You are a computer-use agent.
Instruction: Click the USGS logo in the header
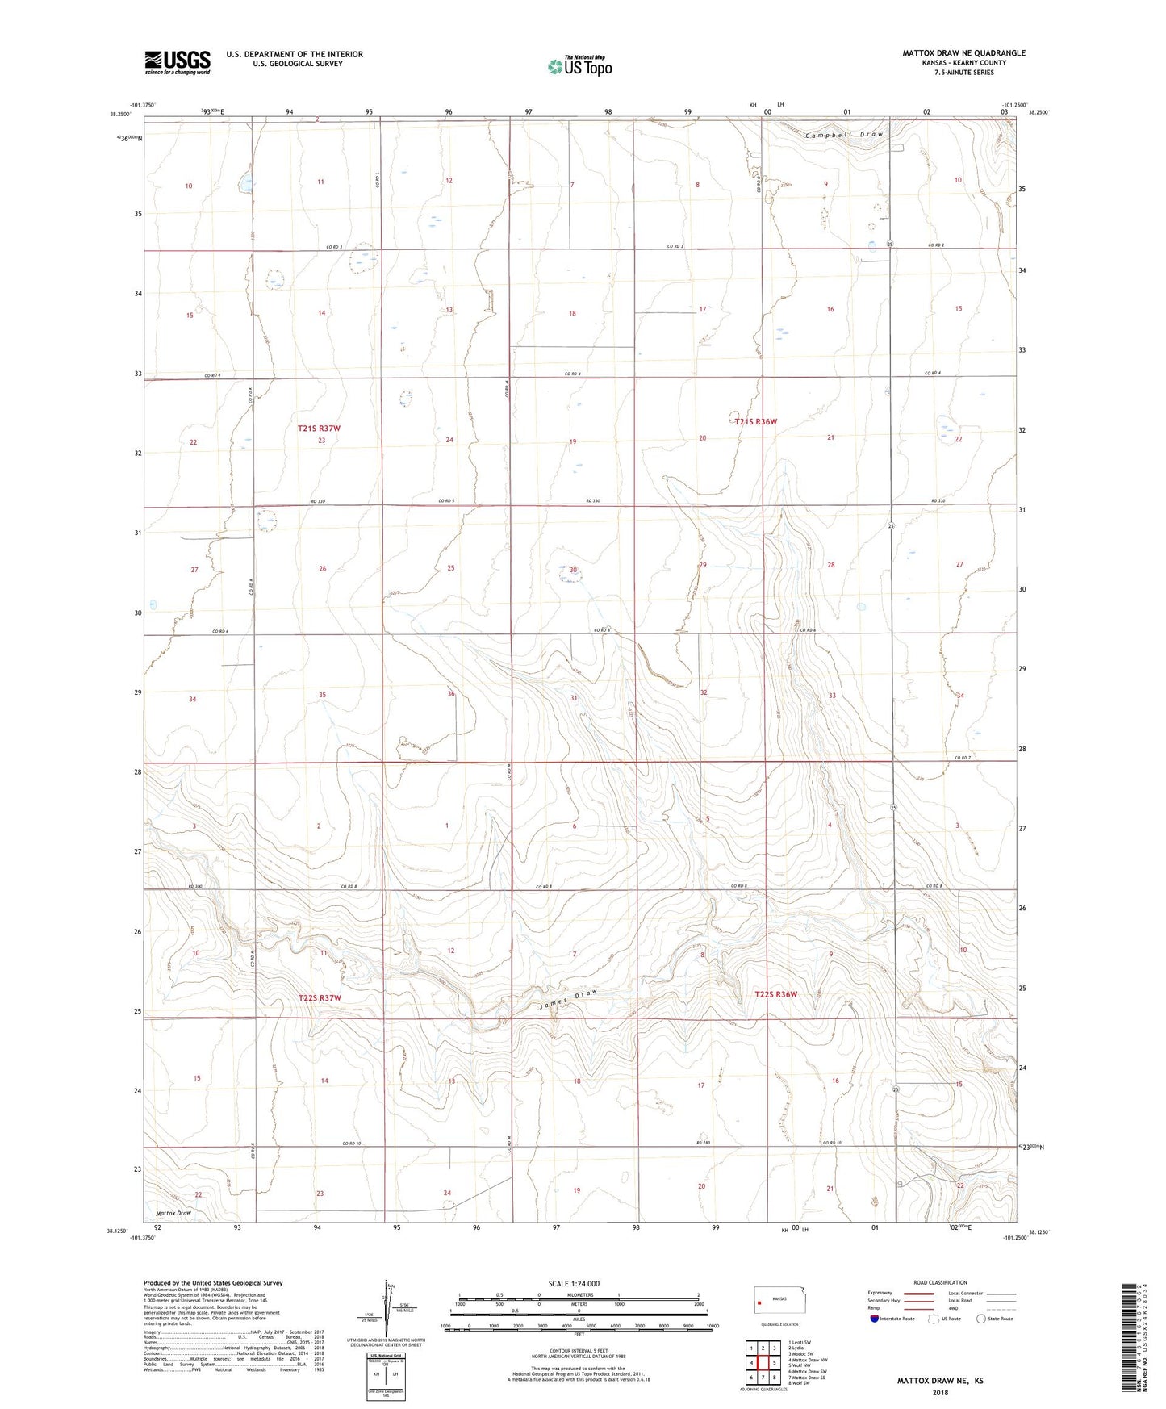[x=178, y=62]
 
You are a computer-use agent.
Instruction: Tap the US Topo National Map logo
[x=579, y=66]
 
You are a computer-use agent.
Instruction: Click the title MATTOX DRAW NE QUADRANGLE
[x=963, y=53]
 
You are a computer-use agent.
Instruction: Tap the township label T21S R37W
[x=319, y=429]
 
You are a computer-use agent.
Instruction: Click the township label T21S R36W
[x=755, y=421]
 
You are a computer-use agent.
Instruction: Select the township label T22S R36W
[x=775, y=994]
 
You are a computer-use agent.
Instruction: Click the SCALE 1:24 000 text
[x=574, y=1283]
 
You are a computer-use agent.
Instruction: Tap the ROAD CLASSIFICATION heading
[x=940, y=1282]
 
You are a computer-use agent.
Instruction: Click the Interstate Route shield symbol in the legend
[x=876, y=1319]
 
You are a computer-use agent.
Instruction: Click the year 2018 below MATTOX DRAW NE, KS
[x=940, y=1392]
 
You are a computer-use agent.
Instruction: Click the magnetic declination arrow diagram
[x=390, y=1309]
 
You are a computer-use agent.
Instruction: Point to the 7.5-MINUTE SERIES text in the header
[x=963, y=73]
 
